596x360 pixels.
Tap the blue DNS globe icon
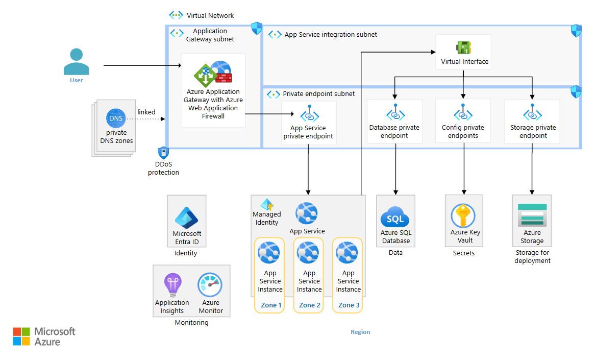[x=116, y=118]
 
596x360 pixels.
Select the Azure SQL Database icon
[x=395, y=218]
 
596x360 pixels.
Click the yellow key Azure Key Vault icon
[x=463, y=216]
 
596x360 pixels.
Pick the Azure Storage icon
[x=532, y=215]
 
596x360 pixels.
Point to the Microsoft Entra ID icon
[x=186, y=219]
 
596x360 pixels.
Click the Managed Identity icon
[x=267, y=205]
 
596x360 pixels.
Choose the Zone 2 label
[x=309, y=305]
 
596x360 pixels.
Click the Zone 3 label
[x=349, y=305]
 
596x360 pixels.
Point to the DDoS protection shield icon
[x=163, y=153]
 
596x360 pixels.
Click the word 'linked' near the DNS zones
[x=146, y=112]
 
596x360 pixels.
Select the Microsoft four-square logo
[x=21, y=337]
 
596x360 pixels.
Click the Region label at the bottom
[x=360, y=332]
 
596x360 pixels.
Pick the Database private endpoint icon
[x=395, y=112]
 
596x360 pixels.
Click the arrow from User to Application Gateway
[x=143, y=66]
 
